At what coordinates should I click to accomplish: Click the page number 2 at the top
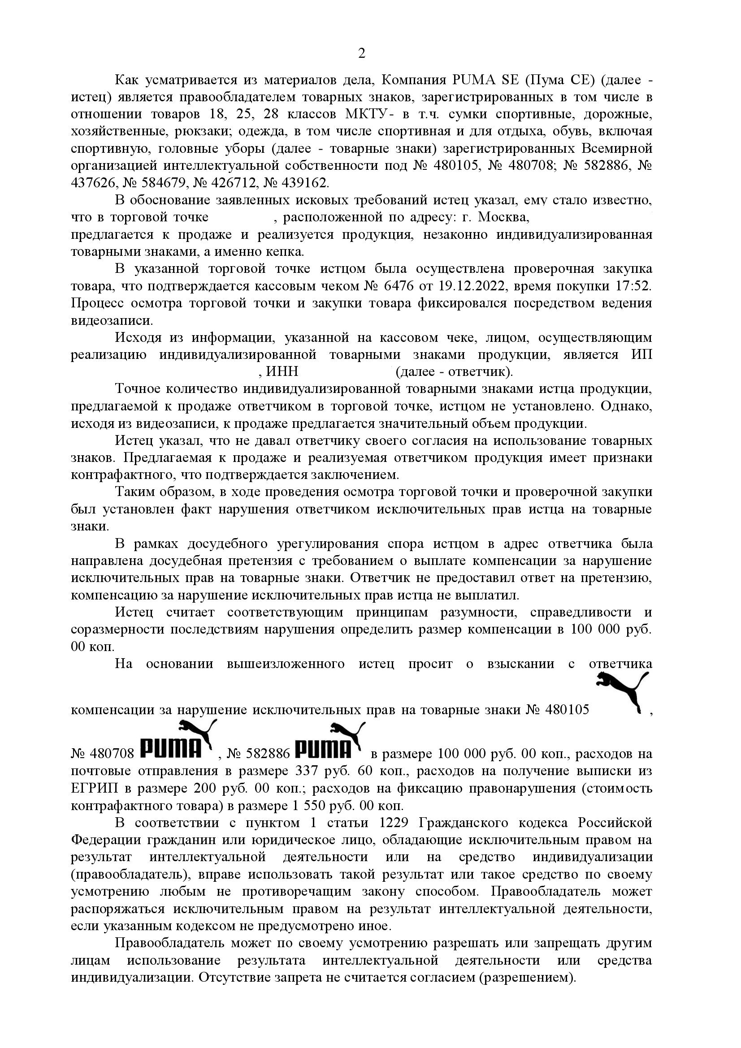361,54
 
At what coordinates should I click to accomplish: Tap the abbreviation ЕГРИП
95,788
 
